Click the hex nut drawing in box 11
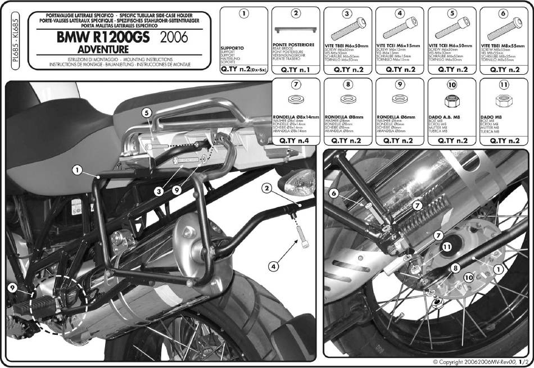click(x=503, y=101)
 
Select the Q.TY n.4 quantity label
click(x=296, y=140)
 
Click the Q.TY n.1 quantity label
click(x=296, y=70)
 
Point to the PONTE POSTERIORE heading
click(x=293, y=44)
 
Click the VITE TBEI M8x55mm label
click(x=502, y=44)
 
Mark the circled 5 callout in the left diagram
click(x=146, y=113)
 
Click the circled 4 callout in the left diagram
click(x=274, y=266)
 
